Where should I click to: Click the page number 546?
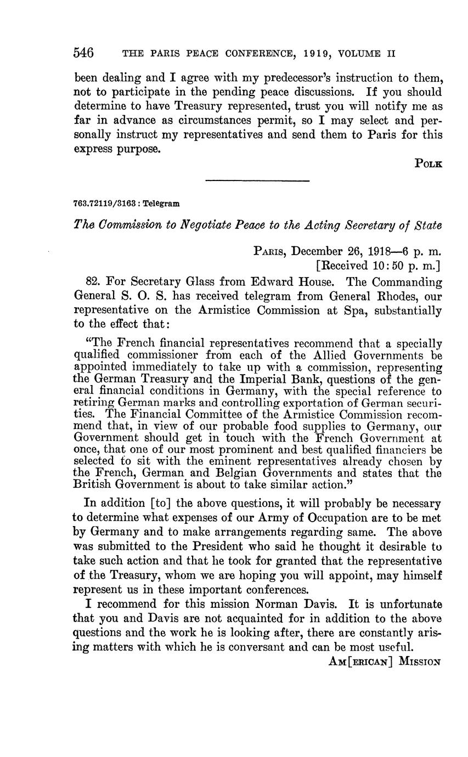(83, 53)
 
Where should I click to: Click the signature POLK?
(428, 163)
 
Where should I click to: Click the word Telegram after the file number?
(162, 203)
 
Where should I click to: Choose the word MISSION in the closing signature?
(420, 661)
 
